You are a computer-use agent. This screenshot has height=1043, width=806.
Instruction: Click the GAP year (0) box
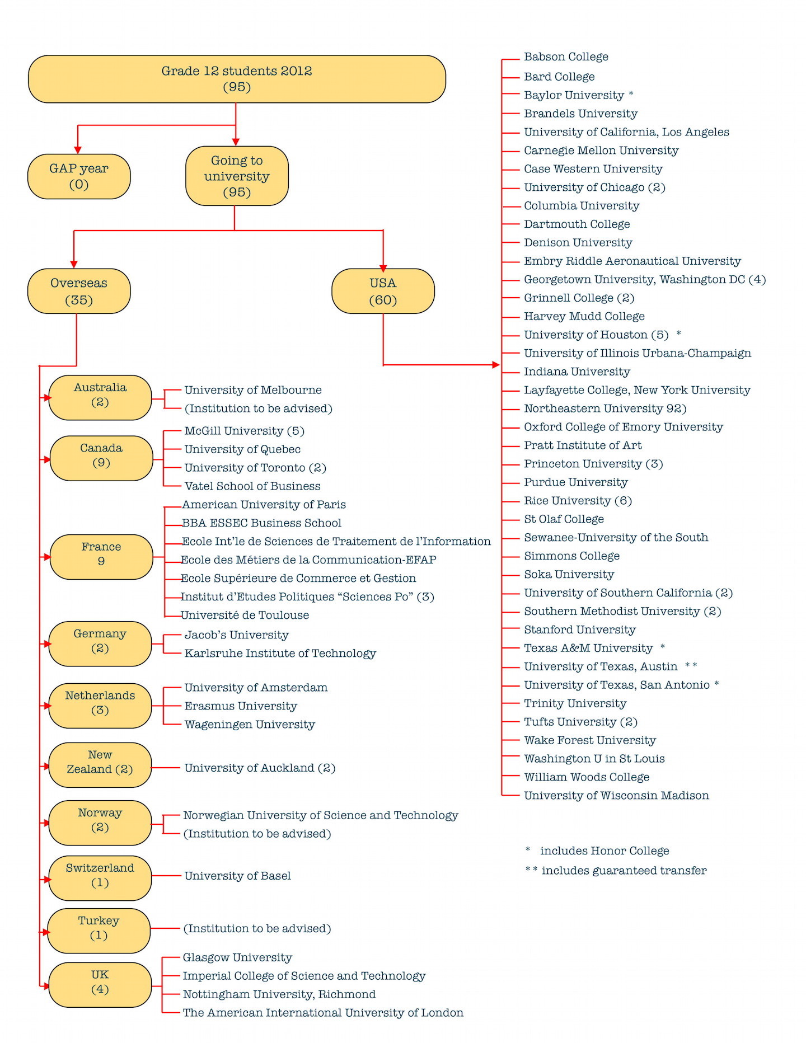click(79, 176)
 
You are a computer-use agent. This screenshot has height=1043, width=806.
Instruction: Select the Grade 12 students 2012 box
click(237, 79)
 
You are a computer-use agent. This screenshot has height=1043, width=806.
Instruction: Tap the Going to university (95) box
click(237, 176)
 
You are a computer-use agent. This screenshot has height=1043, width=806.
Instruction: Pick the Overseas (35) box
click(79, 291)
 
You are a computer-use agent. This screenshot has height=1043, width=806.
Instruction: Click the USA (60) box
click(383, 291)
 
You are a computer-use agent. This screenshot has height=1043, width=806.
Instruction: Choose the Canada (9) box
click(101, 458)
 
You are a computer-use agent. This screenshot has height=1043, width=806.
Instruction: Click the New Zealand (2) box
click(100, 765)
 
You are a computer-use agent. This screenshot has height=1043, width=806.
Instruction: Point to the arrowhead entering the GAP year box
click(78, 149)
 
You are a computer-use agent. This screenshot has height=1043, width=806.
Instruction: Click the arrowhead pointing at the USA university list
click(496, 365)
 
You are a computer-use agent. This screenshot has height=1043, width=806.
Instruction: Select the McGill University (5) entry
click(245, 431)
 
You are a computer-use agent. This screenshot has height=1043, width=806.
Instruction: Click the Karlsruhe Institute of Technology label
click(280, 653)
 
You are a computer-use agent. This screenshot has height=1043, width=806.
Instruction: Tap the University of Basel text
click(237, 876)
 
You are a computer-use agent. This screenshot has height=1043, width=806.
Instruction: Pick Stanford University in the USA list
click(579, 629)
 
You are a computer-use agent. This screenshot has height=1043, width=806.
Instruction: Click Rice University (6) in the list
click(578, 501)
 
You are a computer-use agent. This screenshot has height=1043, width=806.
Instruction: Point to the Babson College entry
click(566, 57)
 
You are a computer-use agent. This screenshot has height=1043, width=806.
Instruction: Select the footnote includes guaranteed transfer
click(624, 870)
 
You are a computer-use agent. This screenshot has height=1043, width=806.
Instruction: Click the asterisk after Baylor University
click(631, 94)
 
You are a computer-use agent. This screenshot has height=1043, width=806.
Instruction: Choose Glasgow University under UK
click(237, 957)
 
